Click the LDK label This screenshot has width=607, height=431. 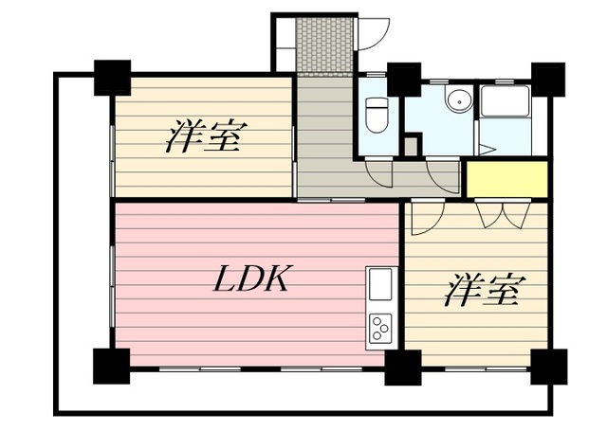click(250, 278)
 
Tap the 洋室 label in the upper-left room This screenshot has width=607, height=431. click(207, 136)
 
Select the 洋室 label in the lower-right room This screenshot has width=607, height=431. click(485, 290)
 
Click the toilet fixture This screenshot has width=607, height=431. click(377, 115)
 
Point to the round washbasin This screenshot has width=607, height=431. click(459, 101)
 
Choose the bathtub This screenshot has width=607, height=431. click(505, 101)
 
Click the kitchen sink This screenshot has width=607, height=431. click(380, 284)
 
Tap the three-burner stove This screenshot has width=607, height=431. click(380, 328)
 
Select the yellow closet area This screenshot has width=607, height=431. click(507, 179)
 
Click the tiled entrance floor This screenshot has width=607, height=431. click(324, 45)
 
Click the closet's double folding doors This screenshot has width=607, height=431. click(503, 215)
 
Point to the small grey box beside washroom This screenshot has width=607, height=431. click(411, 146)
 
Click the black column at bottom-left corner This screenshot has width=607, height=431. click(112, 366)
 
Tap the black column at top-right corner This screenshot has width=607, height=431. click(548, 80)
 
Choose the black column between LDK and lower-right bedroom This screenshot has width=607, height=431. click(402, 368)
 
